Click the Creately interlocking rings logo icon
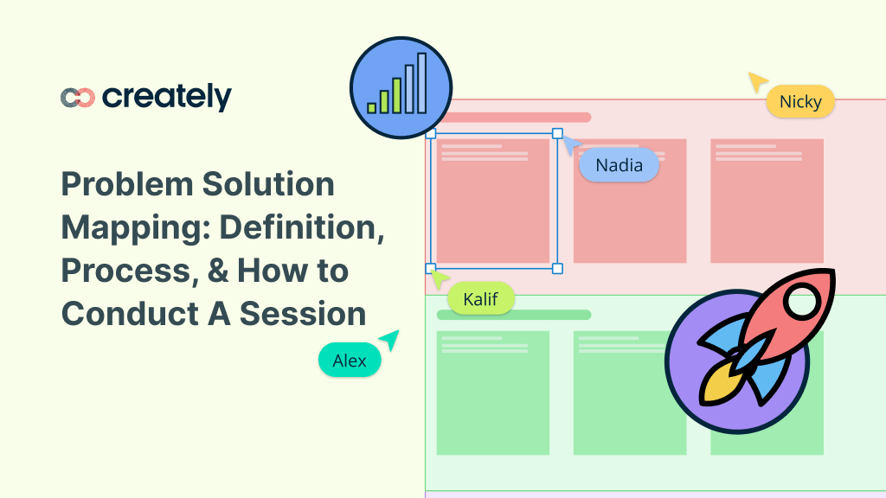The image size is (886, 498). [x=78, y=98]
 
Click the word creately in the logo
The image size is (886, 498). [x=167, y=98]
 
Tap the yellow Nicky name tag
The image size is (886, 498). [x=800, y=102]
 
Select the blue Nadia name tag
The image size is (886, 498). [x=619, y=165]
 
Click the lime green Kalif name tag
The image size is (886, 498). [x=480, y=299]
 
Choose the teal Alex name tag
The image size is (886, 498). [x=350, y=361]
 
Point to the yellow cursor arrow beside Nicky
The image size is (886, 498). [x=757, y=81]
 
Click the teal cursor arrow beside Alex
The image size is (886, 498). [x=390, y=340]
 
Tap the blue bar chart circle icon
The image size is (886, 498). [x=401, y=88]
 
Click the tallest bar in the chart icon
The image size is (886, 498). [x=421, y=83]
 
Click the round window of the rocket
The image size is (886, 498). [x=804, y=302]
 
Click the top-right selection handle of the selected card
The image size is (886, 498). [x=557, y=134]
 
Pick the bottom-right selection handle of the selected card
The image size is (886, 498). [x=557, y=269]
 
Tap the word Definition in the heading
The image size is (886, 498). [x=300, y=227]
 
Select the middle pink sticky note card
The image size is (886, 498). [x=630, y=201]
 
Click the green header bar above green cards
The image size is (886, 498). [x=514, y=315]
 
